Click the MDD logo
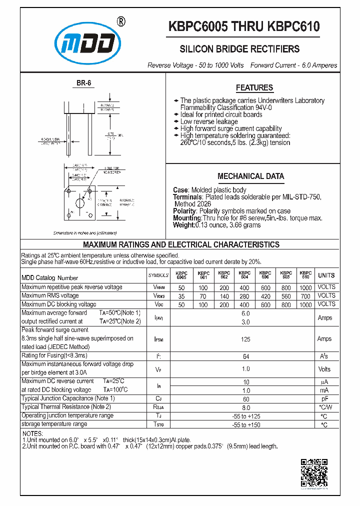click(x=88, y=44)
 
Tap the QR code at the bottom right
click(x=314, y=472)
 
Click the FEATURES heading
click(x=254, y=88)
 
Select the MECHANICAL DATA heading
click(x=250, y=176)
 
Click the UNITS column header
click(x=326, y=275)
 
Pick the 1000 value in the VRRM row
click(x=305, y=287)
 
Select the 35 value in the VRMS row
click(x=181, y=296)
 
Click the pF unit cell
click(x=324, y=398)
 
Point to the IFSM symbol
click(x=158, y=338)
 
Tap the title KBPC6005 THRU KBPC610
click(x=244, y=27)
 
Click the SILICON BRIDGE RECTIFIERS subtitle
click(x=239, y=49)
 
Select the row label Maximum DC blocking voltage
click(x=58, y=304)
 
